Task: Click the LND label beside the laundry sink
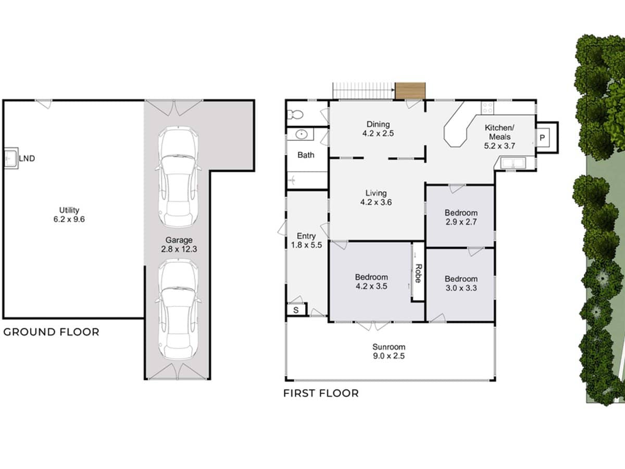tap(27, 158)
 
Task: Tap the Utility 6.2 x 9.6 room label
tap(69, 215)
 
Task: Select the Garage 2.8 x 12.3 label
tap(179, 244)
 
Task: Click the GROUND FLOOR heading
tap(51, 332)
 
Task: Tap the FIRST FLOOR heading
tap(321, 393)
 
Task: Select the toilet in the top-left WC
tap(295, 114)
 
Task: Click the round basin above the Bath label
tap(302, 135)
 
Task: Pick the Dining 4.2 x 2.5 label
tap(378, 128)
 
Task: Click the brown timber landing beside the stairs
tap(410, 91)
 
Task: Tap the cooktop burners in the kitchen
tap(488, 108)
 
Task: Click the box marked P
tap(542, 138)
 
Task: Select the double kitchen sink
tap(514, 164)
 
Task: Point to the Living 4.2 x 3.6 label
tap(376, 198)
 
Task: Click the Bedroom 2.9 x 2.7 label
tap(461, 217)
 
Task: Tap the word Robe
tap(418, 273)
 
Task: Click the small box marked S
tap(296, 310)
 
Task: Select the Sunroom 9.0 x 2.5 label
tap(389, 351)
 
